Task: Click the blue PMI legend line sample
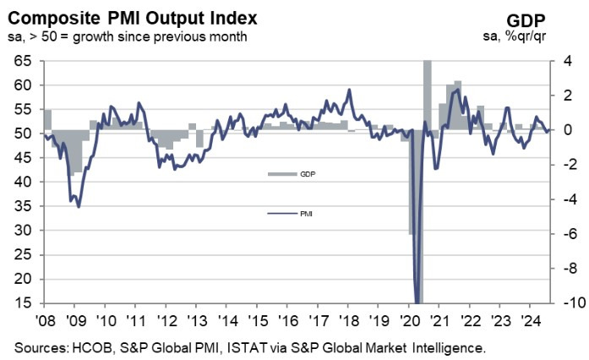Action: [279, 215]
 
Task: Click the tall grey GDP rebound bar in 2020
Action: [428, 93]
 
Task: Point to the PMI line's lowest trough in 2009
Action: [79, 205]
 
